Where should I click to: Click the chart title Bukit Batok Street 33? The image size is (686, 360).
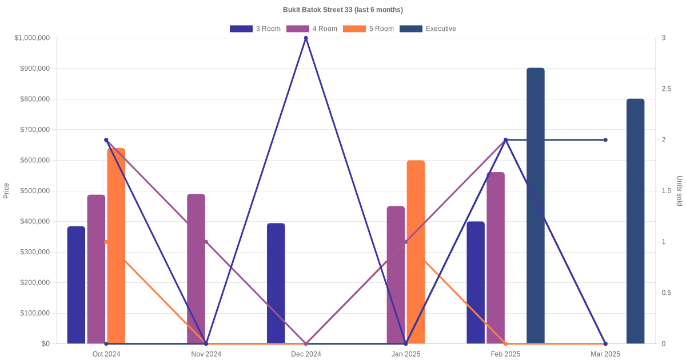click(342, 10)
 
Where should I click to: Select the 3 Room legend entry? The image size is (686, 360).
click(255, 29)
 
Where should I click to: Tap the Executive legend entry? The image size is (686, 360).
click(428, 29)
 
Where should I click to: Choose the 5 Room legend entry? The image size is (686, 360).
click(368, 29)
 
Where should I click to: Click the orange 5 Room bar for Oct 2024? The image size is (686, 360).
click(116, 246)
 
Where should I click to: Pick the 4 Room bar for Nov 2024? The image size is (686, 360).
click(196, 269)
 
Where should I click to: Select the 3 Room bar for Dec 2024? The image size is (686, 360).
click(276, 283)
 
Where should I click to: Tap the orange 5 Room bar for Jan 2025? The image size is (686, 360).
click(416, 251)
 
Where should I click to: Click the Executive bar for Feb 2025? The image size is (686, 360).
click(536, 206)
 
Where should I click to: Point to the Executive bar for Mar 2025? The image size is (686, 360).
click(635, 221)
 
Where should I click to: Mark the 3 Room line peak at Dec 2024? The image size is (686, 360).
click(306, 38)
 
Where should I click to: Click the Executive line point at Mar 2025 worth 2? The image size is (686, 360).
click(605, 140)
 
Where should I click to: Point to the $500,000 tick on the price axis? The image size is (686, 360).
click(34, 191)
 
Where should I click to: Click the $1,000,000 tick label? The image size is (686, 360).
click(32, 38)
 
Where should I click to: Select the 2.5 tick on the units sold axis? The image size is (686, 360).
click(667, 89)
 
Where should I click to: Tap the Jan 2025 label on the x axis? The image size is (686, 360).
click(406, 354)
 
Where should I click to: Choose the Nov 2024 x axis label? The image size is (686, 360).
click(206, 354)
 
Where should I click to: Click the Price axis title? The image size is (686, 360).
click(6, 191)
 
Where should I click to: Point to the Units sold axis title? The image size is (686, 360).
click(680, 191)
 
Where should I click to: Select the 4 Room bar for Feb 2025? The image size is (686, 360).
click(496, 258)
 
